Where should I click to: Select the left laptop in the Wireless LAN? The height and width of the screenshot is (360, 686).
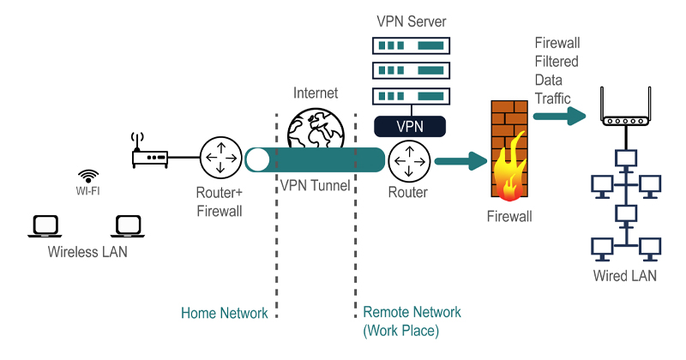click(x=44, y=225)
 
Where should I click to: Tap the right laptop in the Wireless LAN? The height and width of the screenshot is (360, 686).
click(x=127, y=225)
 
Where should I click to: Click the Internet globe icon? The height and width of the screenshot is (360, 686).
click(x=316, y=129)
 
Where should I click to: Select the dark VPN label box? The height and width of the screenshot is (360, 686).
click(x=410, y=126)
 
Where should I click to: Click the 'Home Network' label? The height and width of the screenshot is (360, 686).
click(x=225, y=313)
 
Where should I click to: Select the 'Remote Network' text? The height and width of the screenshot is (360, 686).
click(x=412, y=313)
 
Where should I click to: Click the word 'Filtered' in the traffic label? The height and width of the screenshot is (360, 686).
click(x=557, y=62)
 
